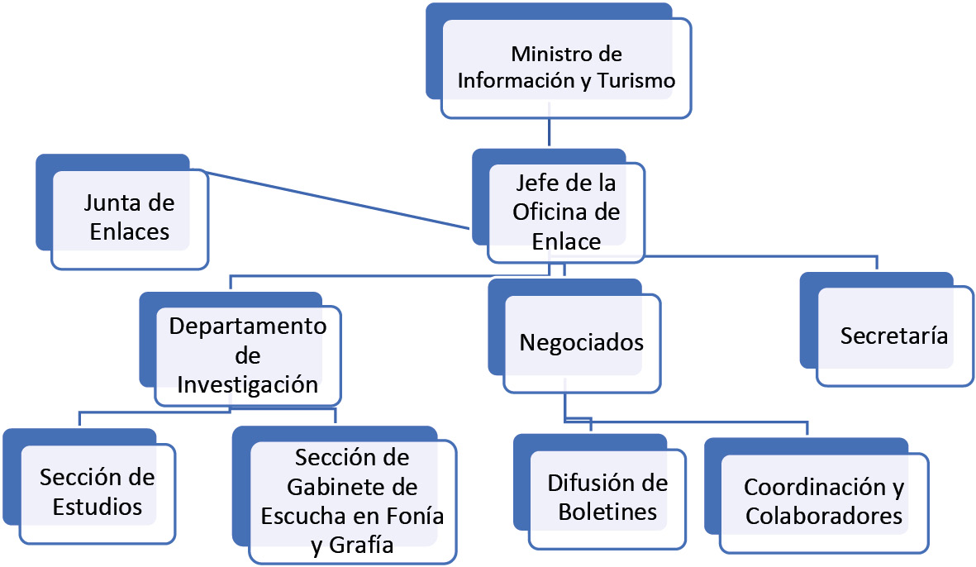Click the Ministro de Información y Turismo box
566,69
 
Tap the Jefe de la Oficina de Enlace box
566,212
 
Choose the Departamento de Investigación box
248,356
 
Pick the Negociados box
581,342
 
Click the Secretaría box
894,336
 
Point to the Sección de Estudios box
98,492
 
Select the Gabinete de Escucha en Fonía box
352,500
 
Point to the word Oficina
566,212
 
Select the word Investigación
248,384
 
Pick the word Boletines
607,512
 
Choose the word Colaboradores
823,516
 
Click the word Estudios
98,506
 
